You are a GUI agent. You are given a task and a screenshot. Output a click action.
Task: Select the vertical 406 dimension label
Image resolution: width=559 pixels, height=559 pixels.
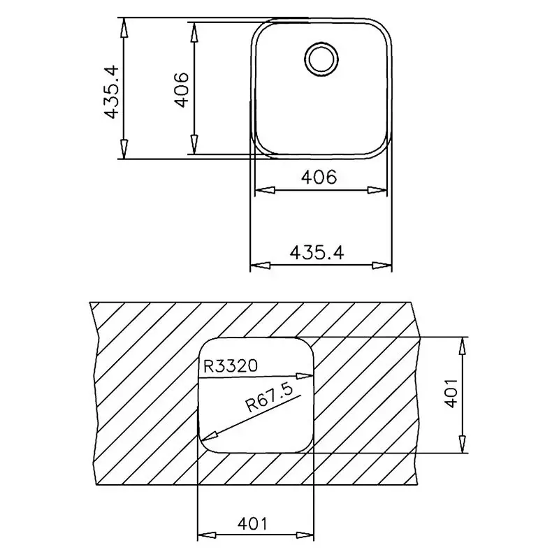click(181, 90)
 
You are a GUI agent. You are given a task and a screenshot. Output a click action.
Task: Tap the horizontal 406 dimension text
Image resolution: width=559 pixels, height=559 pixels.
click(319, 177)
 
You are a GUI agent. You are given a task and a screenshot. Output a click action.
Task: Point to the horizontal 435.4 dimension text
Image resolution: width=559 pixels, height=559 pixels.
click(317, 253)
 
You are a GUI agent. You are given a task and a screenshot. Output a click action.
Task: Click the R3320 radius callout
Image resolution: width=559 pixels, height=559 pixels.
click(230, 365)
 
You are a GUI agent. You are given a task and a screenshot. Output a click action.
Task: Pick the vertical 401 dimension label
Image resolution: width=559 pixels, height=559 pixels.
click(451, 393)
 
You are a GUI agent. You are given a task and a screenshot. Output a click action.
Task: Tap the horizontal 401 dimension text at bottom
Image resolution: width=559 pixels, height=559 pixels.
click(252, 523)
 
